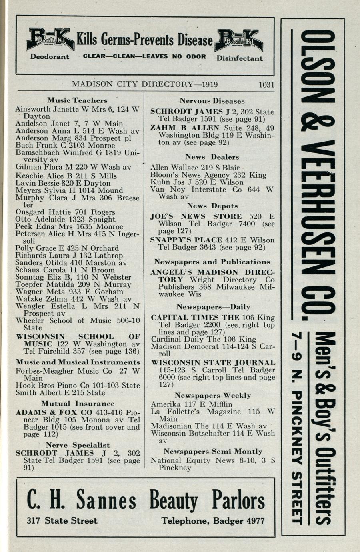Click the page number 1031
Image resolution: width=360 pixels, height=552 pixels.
266,84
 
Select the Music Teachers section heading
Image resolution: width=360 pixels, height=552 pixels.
77,100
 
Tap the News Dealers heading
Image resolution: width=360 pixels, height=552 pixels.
212,157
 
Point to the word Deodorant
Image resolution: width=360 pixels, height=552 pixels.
50,57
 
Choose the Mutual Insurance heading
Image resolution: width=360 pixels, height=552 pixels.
78,404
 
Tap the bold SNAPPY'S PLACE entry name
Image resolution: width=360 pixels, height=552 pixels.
186,240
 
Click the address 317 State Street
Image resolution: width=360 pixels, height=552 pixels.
62,521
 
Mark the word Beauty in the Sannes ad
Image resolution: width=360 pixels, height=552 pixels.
174,501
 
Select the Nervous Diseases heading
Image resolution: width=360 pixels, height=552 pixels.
212,101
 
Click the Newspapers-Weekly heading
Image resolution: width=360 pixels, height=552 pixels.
212,396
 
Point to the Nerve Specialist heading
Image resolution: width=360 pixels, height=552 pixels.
78,445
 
